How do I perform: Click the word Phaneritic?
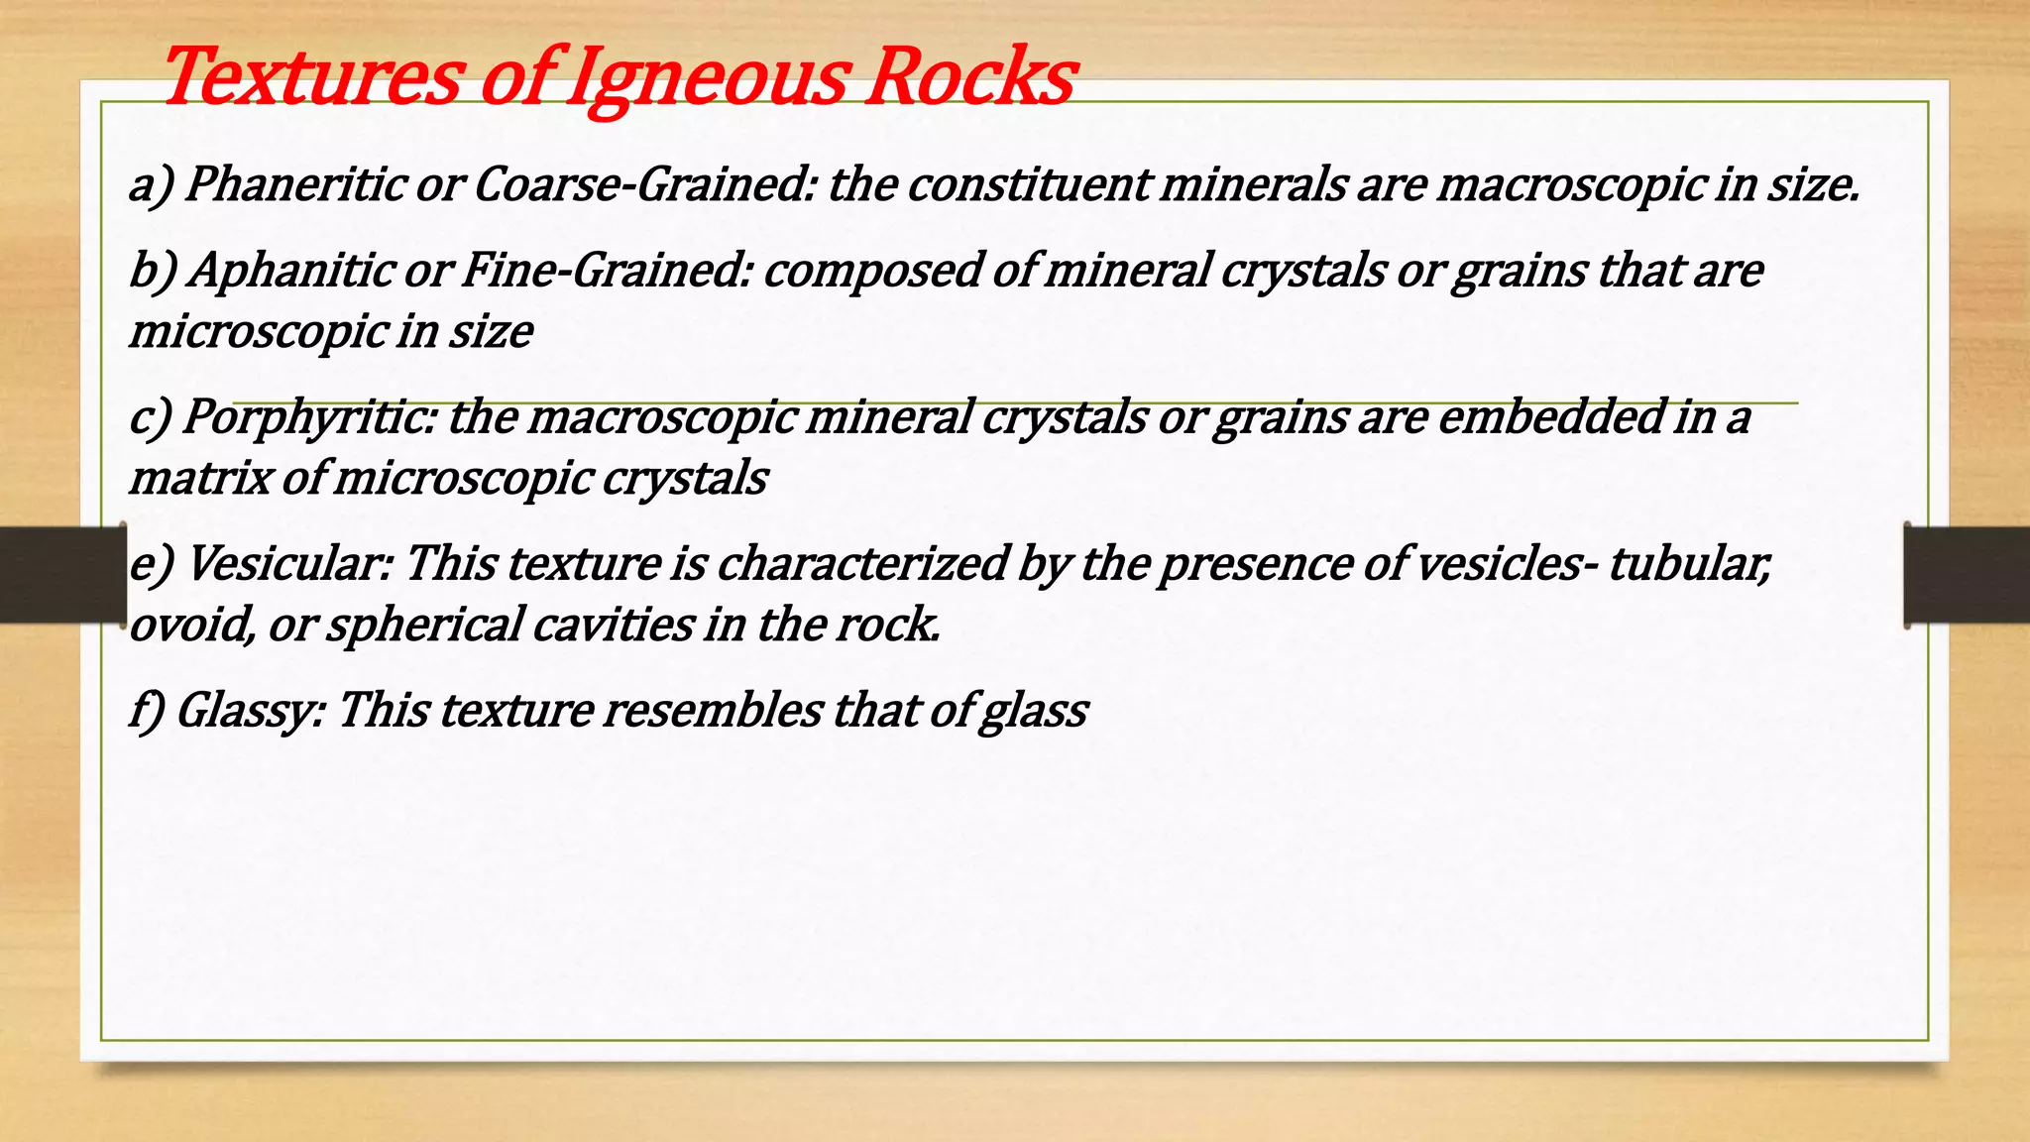pyautogui.click(x=294, y=184)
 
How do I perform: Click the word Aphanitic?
pyautogui.click(x=290, y=270)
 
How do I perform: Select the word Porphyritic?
pyautogui.click(x=309, y=417)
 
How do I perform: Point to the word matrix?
pyautogui.click(x=199, y=479)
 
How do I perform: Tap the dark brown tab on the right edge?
pyautogui.click(x=1967, y=575)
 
